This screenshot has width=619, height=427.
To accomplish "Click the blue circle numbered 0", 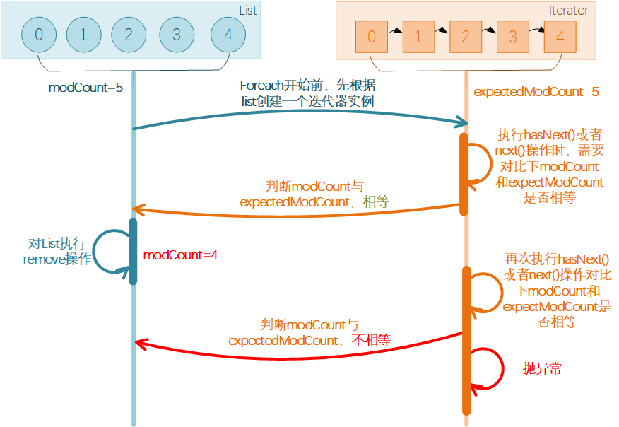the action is point(39,35).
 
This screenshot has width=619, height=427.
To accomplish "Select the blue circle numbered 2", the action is point(129,35).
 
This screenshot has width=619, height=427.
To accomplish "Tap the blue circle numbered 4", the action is point(228,35).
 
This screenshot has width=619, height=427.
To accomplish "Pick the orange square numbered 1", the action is point(418,37).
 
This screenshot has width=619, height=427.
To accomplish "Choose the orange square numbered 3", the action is point(513,37).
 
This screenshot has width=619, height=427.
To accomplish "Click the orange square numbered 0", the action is point(372,37).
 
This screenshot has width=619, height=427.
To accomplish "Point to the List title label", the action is point(248,11).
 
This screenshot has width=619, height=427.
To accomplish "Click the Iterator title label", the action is point(568,11).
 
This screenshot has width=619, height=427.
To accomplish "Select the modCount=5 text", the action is point(86,87).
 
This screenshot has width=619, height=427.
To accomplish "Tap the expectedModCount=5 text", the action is point(536,92).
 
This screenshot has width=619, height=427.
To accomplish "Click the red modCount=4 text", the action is point(180,255).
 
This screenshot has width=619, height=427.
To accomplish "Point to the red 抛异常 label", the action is point(542,368).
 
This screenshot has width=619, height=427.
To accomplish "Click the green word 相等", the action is point(376,202).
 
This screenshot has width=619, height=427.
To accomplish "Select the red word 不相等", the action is point(371,340).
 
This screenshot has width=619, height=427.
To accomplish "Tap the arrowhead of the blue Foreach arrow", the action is point(463,122).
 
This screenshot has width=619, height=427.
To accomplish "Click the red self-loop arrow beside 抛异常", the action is point(503,368).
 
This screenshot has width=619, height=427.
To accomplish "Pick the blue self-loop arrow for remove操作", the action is point(93,252).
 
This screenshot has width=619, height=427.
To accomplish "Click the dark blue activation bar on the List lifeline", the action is point(133,252).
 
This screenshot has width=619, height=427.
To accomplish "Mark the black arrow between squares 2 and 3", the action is point(489,30).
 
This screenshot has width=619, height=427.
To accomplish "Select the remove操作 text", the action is point(57,259).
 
